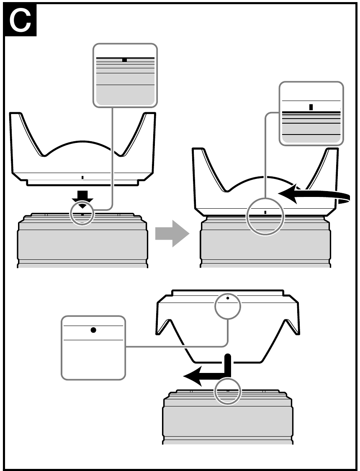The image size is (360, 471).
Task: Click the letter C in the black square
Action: click(x=20, y=21)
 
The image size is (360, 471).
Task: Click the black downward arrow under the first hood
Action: click(x=82, y=199)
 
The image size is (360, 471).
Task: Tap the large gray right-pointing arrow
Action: click(x=172, y=233)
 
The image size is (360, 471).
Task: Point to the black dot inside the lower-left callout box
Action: click(x=93, y=330)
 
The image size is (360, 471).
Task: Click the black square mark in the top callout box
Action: click(x=124, y=60)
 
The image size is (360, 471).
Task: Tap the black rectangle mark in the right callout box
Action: click(x=311, y=107)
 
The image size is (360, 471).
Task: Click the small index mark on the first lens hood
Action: click(x=82, y=178)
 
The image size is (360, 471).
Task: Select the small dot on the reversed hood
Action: click(x=228, y=298)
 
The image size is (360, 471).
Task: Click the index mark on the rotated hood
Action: click(x=265, y=212)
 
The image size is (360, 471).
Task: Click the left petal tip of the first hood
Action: click(x=15, y=114)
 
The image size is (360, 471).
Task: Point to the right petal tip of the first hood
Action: click(x=150, y=114)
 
